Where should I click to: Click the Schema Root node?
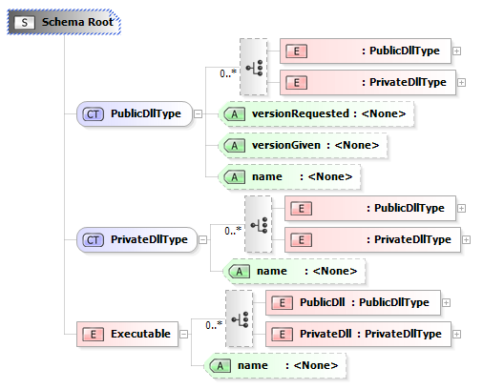click(64, 22)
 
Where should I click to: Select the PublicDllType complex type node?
click(135, 113)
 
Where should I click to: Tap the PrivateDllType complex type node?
click(136, 239)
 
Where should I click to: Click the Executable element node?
click(127, 334)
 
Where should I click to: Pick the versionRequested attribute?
click(316, 113)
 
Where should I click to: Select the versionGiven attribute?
click(303, 145)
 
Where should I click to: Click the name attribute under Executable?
click(275, 365)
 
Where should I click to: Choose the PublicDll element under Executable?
click(353, 302)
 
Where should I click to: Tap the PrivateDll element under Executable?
click(358, 334)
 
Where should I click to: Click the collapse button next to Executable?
click(184, 334)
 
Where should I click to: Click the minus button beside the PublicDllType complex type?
click(198, 113)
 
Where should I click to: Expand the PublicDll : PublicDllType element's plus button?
click(446, 302)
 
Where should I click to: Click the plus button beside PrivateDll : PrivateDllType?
click(456, 334)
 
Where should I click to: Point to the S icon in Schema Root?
click(25, 22)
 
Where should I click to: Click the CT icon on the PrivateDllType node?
click(93, 240)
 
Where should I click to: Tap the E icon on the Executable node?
click(93, 335)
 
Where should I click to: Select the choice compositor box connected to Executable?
click(240, 318)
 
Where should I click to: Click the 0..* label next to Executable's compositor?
click(214, 325)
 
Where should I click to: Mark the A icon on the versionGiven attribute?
click(234, 146)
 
